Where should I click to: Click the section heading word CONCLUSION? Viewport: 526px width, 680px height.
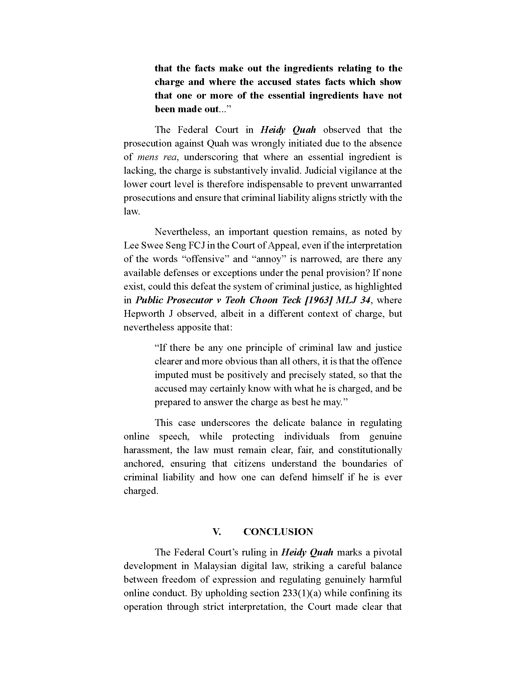click(x=278, y=532)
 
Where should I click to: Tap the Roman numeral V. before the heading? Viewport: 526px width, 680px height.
click(x=217, y=532)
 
